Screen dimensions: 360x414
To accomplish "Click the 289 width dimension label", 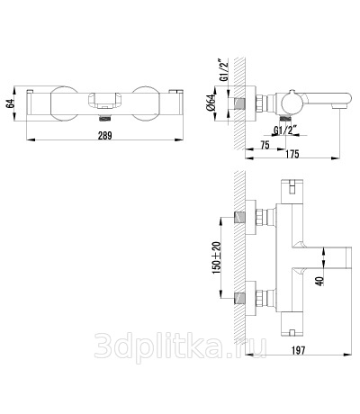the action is pos(104,136).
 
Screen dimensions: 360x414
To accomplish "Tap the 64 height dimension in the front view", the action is pos(11,103).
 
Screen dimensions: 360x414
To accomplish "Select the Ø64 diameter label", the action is pos(211,103).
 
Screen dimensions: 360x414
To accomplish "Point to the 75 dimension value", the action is pos(265,145).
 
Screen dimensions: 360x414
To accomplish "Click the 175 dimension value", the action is pos(292,154).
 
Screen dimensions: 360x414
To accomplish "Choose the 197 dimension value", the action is pos(298,350).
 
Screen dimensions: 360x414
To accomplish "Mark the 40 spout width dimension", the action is pos(320,281).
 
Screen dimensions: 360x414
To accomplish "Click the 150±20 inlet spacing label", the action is pos(216,257).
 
